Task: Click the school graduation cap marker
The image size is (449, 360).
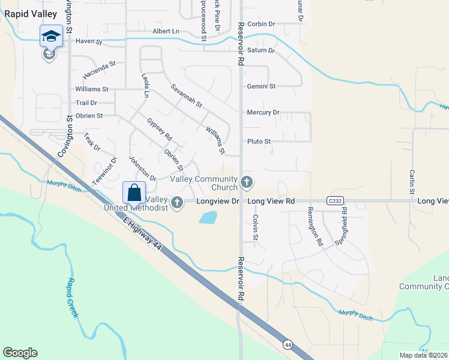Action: click(x=51, y=36)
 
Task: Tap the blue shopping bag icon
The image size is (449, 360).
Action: click(x=134, y=193)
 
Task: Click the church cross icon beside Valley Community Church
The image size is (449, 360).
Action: click(x=246, y=182)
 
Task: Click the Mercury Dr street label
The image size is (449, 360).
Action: click(x=263, y=112)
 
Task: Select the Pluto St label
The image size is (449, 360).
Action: click(x=259, y=142)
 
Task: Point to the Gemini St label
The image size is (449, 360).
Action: click(x=261, y=86)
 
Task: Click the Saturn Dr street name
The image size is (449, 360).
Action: click(x=261, y=50)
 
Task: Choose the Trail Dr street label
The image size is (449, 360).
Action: click(x=86, y=103)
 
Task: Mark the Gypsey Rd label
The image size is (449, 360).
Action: click(x=159, y=129)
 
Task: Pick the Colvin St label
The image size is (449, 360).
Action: click(x=255, y=228)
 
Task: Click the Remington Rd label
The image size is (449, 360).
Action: click(x=315, y=227)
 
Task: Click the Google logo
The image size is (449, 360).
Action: click(x=20, y=353)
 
